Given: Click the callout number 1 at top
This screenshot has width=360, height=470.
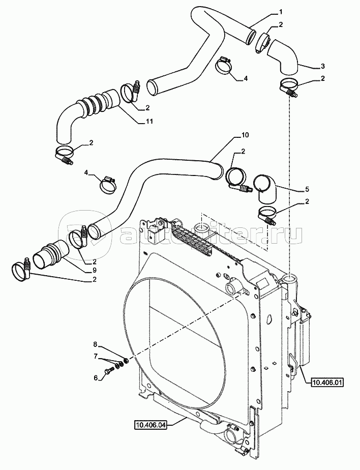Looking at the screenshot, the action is tap(281, 12).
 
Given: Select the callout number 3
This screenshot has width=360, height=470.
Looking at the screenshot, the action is tap(322, 66).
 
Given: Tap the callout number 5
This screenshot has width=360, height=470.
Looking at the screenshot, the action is tap(307, 189).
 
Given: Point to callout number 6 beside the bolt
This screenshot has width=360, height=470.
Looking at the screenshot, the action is tap(96, 378).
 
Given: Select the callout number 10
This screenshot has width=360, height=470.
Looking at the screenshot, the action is tap(245, 135).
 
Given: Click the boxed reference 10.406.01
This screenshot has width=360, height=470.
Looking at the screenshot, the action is tap(327, 383).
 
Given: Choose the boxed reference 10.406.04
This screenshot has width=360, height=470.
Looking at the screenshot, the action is tap(150, 424).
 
